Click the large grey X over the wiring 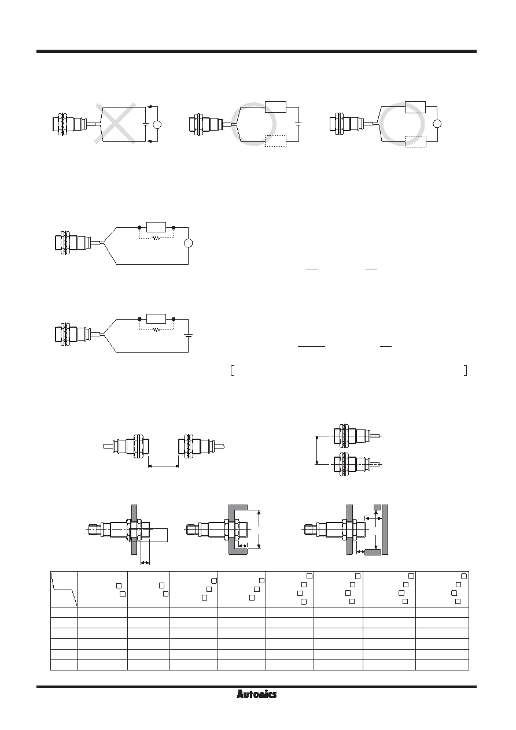116,123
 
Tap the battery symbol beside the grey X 146,124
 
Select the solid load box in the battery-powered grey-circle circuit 275,107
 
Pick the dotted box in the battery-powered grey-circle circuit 275,141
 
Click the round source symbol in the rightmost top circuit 437,124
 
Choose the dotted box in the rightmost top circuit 415,142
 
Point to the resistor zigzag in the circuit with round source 156,238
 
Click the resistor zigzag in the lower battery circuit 156,330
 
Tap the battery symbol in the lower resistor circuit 188,335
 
